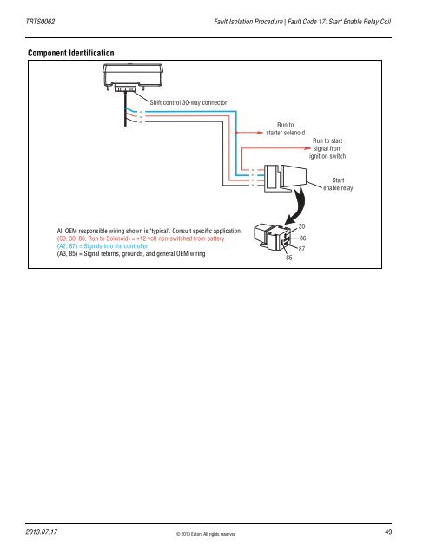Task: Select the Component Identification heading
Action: point(71,54)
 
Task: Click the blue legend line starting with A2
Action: point(103,245)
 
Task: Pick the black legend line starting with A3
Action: point(130,253)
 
